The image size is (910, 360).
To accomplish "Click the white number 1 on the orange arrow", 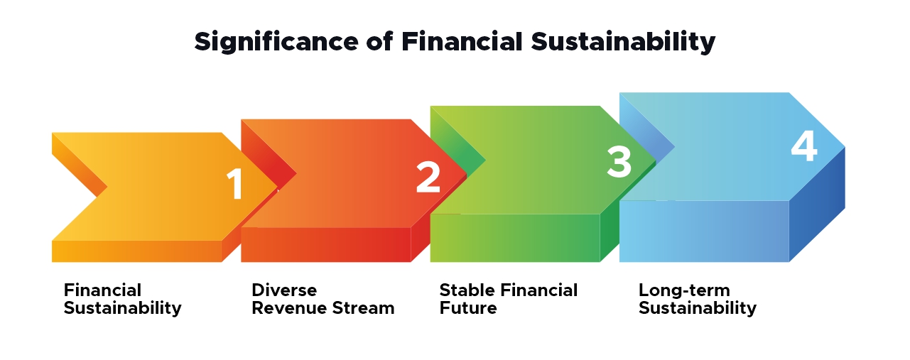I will pyautogui.click(x=235, y=184).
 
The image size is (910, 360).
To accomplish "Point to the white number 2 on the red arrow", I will pyautogui.click(x=428, y=177).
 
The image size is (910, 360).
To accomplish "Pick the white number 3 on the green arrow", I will pyautogui.click(x=619, y=162).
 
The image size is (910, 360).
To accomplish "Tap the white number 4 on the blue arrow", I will pyautogui.click(x=804, y=148).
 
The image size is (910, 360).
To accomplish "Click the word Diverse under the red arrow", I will pyautogui.click(x=284, y=290).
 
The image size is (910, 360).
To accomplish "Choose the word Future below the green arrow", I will pyautogui.click(x=468, y=308).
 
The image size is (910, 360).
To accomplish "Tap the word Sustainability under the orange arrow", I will pyautogui.click(x=123, y=308).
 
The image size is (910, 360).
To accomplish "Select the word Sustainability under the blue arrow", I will pyautogui.click(x=698, y=308).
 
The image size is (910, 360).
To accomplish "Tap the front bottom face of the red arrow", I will pyautogui.click(x=325, y=245).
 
